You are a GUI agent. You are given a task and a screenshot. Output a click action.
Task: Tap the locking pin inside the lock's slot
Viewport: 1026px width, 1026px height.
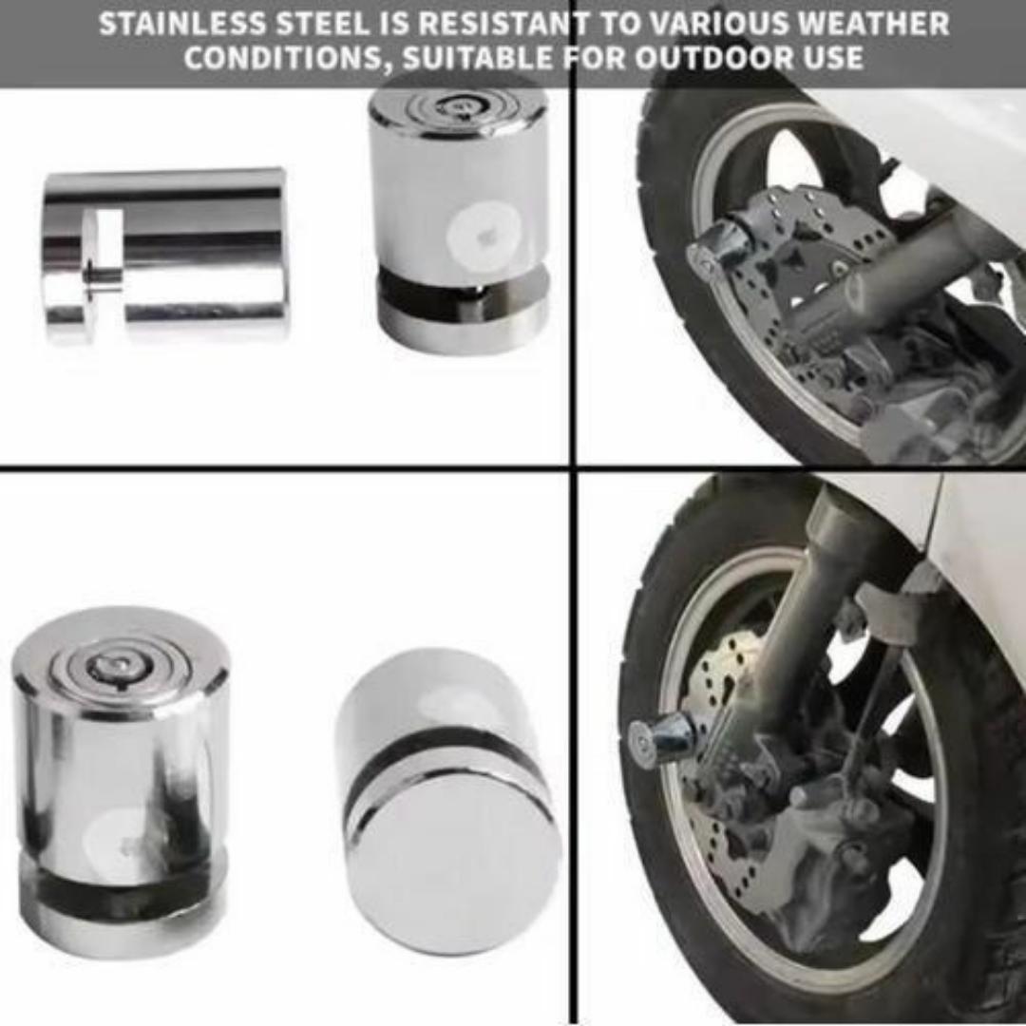tap(103, 276)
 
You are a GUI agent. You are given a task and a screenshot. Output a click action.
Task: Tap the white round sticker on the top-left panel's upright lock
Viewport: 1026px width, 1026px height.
tap(484, 233)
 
